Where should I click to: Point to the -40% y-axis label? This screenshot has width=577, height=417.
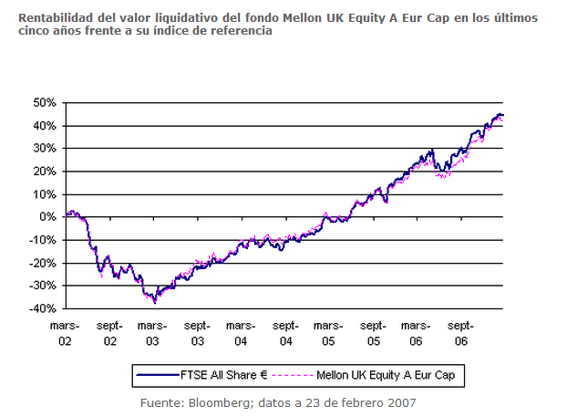click(42, 308)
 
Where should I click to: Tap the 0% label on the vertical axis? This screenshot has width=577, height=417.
click(47, 217)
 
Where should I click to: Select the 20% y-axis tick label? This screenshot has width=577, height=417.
click(45, 171)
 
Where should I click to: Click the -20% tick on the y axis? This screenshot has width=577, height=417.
click(42, 263)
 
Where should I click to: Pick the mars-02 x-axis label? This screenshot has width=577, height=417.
click(65, 332)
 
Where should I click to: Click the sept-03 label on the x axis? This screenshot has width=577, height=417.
click(197, 332)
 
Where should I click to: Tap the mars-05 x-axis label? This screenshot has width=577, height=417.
click(329, 332)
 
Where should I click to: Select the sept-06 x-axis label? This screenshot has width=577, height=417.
click(461, 332)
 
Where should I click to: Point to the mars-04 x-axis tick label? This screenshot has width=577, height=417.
click(241, 332)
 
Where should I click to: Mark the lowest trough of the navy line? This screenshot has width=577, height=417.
click(155, 302)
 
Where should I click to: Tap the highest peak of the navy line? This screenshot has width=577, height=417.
click(499, 114)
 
